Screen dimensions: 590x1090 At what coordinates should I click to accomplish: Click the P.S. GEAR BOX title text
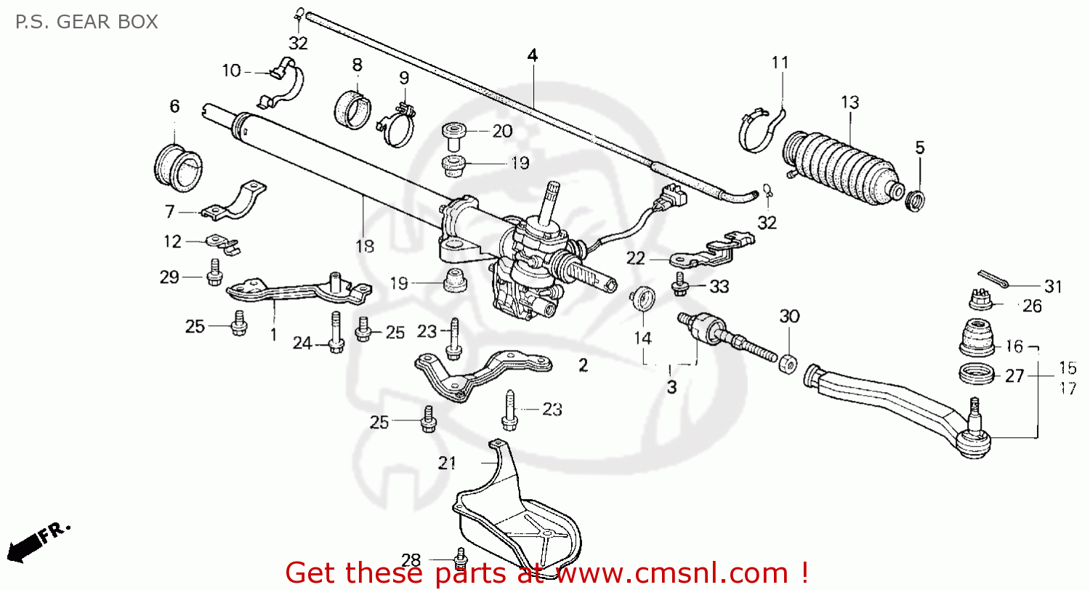(86, 21)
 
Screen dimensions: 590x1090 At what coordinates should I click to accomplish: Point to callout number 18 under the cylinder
(365, 247)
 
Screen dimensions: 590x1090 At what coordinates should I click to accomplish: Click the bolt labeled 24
(336, 333)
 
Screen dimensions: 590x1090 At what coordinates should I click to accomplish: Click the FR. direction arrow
(40, 538)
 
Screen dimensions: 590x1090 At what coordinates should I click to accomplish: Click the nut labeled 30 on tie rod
(787, 362)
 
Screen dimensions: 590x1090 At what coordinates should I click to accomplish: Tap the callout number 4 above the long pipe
(533, 55)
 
